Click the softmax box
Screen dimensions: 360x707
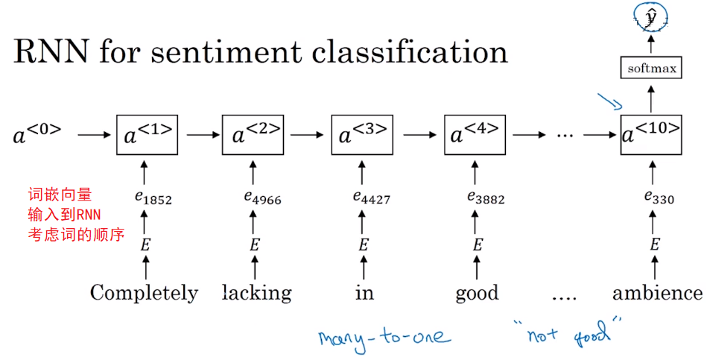click(652, 69)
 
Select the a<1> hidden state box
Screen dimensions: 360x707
click(145, 135)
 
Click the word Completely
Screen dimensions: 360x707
click(144, 293)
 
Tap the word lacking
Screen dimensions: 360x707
click(256, 293)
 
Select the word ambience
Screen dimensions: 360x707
click(656, 293)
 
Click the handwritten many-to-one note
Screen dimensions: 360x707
click(384, 336)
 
